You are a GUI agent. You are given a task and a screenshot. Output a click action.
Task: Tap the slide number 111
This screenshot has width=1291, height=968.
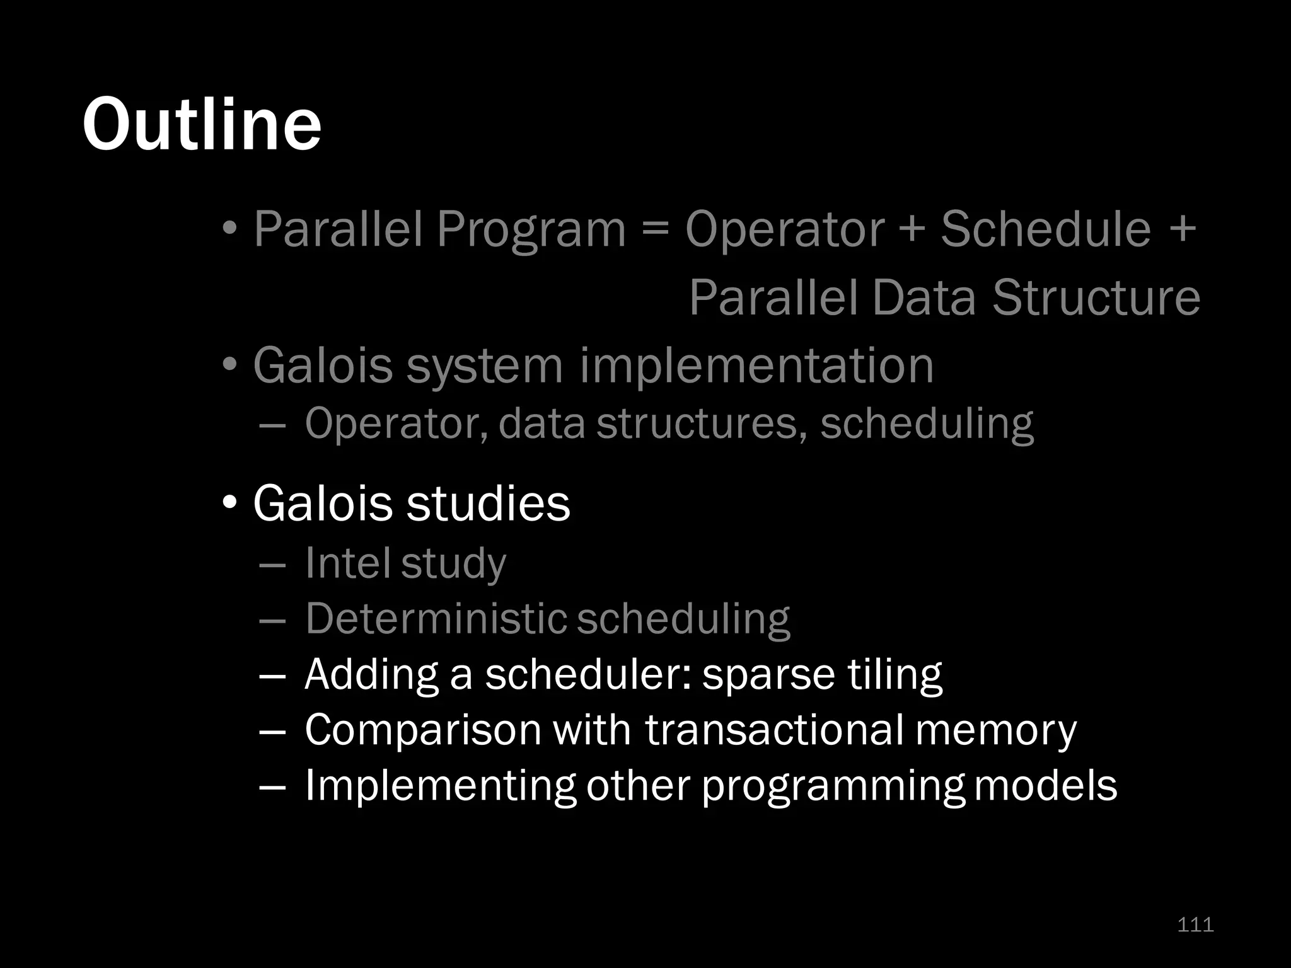click(x=1195, y=925)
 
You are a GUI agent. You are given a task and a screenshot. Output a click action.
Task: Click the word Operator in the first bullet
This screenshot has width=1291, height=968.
click(x=785, y=229)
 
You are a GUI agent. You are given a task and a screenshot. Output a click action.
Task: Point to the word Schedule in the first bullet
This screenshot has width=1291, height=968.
click(x=1046, y=229)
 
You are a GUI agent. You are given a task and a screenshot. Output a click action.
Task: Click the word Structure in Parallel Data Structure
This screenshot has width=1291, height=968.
click(x=1096, y=297)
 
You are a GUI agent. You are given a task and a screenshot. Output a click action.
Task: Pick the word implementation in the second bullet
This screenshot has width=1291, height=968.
click(x=756, y=366)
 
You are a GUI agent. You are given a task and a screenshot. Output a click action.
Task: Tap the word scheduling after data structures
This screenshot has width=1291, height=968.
click(x=927, y=423)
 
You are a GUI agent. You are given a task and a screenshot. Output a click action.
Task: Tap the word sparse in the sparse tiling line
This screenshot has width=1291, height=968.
click(x=767, y=674)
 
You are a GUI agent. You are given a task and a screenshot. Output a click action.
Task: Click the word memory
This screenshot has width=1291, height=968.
click(x=995, y=730)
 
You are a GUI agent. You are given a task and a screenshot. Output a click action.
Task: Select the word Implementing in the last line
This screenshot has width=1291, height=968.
click(x=439, y=786)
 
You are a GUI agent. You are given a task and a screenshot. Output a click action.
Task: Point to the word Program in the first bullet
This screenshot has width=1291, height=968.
click(x=530, y=229)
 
